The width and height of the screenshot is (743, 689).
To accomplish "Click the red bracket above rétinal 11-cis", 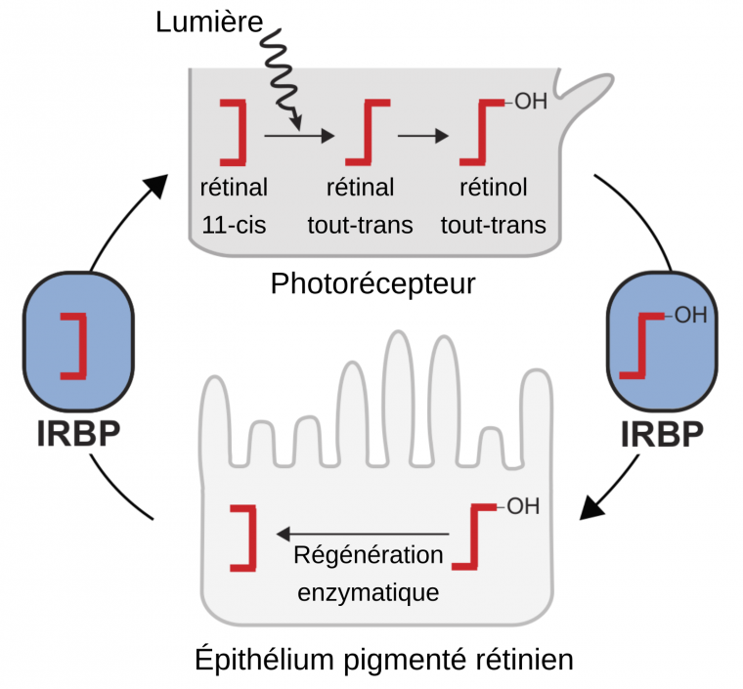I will [234, 130].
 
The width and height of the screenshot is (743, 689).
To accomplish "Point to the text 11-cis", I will [235, 226].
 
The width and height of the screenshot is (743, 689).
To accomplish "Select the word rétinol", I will [493, 187].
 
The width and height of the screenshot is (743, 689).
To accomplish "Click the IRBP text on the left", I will [76, 433].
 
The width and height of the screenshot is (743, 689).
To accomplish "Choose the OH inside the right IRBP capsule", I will [690, 316].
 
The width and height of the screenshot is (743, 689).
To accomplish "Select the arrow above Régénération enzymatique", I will [364, 534].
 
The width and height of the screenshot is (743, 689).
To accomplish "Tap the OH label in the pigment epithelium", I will [523, 508].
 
